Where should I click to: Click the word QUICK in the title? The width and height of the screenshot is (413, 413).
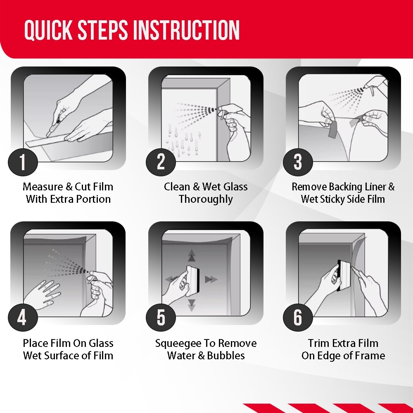pos(48,30)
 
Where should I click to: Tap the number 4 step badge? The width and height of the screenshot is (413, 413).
pos(23,317)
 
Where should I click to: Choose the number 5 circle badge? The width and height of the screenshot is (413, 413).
pos(161,317)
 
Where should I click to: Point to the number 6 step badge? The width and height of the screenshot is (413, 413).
pos(298,317)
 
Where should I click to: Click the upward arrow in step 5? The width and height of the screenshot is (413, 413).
pos(192,255)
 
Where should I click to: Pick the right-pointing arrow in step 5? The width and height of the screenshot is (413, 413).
pos(211,279)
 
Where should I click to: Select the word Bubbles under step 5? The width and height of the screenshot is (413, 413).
pos(226,356)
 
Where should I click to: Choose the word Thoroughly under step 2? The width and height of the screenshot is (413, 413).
pos(206,199)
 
